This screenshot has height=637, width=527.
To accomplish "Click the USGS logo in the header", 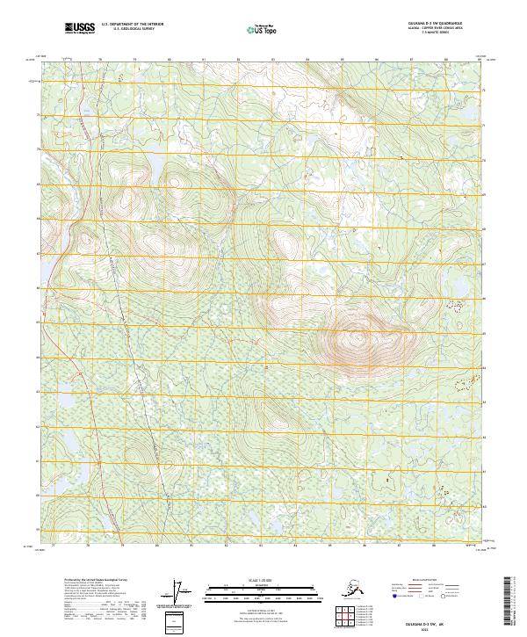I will coord(81,29).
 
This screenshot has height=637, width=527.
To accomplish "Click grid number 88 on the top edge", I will coord(446,60).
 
